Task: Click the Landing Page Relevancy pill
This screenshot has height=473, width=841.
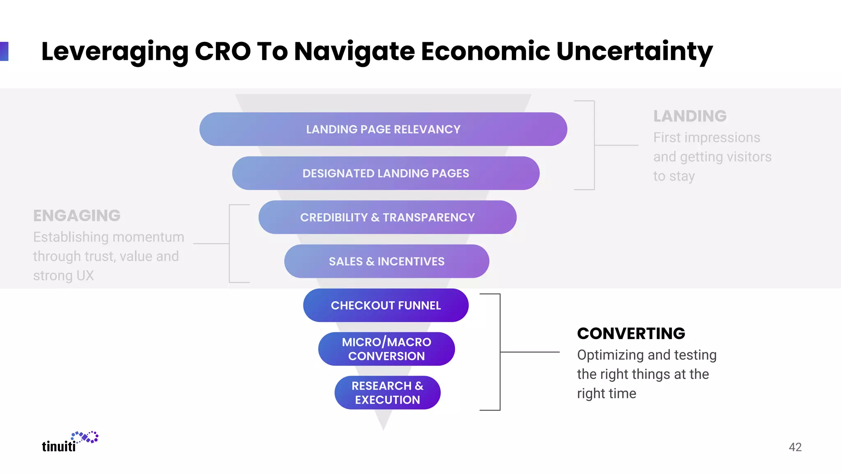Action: (383, 129)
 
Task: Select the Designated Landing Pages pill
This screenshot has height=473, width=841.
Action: (386, 173)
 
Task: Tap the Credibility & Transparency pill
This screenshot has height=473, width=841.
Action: (387, 217)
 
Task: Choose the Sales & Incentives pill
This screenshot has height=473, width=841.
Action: (386, 261)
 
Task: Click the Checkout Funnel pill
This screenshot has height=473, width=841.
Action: (386, 305)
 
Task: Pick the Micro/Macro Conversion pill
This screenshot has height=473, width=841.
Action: (386, 349)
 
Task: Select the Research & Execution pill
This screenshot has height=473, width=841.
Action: (387, 393)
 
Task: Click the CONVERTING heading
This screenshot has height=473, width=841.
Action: (631, 333)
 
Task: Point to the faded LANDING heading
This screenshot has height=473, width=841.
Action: (690, 116)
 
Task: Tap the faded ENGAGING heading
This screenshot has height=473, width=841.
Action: (77, 216)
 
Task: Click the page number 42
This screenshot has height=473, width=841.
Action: (795, 447)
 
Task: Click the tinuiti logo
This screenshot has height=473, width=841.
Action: (70, 442)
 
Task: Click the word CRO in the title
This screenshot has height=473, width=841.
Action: (223, 52)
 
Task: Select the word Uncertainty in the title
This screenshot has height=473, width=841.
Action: (634, 52)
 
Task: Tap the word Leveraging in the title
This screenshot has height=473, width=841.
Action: (115, 52)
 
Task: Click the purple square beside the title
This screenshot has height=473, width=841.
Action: (4, 51)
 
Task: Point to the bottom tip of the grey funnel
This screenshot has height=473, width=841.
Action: (384, 428)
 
